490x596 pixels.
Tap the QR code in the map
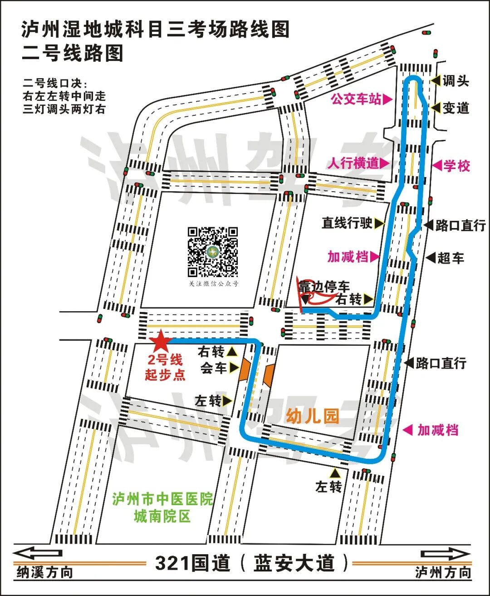pyautogui.click(x=213, y=252)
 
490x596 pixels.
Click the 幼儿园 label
pyautogui.click(x=313, y=416)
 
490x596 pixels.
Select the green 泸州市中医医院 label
pyautogui.click(x=162, y=499)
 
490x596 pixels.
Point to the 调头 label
pyautogui.click(x=456, y=81)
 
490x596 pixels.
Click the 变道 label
pyautogui.click(x=456, y=108)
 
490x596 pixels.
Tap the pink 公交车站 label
pyautogui.click(x=356, y=99)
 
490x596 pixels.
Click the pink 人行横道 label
pyautogui.click(x=353, y=163)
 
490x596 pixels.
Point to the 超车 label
pyautogui.click(x=451, y=258)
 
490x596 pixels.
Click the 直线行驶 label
pyautogui.click(x=347, y=223)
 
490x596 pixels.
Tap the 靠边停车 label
pyautogui.click(x=324, y=287)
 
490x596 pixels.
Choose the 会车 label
pyautogui.click(x=214, y=368)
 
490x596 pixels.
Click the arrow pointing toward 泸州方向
pyautogui.click(x=445, y=554)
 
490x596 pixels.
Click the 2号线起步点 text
pyautogui.click(x=165, y=367)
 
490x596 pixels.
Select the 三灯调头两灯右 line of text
pyautogui.click(x=64, y=109)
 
